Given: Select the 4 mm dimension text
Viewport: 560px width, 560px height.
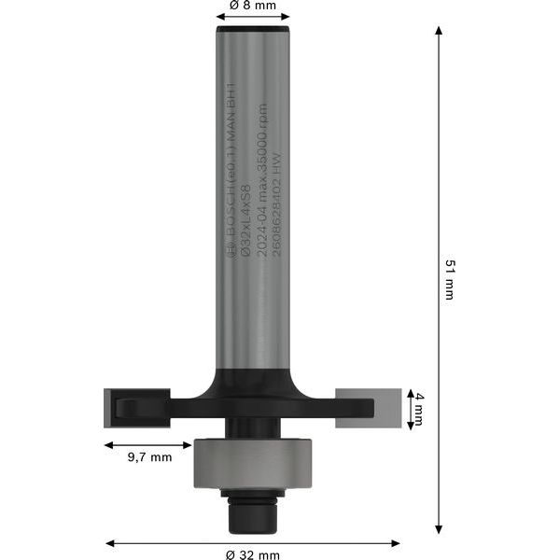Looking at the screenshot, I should tap(420, 408).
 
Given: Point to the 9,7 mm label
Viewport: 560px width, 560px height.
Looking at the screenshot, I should tap(149, 457).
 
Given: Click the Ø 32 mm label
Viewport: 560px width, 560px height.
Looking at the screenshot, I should tap(253, 554).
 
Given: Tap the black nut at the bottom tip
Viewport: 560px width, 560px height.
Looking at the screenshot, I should tap(253, 511).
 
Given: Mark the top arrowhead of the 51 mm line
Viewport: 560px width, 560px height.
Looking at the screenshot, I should tap(439, 30).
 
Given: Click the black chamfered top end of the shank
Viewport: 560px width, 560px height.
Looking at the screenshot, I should tap(253, 31).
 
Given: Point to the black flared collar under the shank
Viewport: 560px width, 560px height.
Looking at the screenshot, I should tap(253, 383).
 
